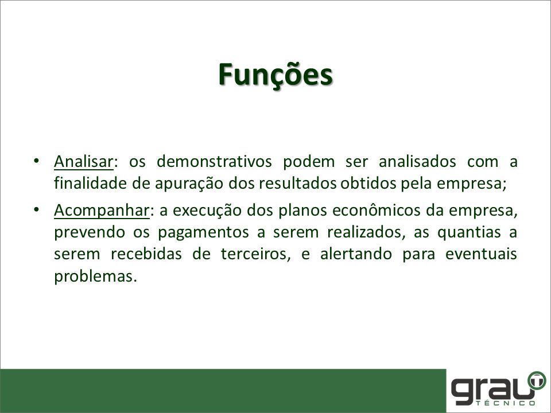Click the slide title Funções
click(x=275, y=75)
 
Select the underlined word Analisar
click(x=84, y=162)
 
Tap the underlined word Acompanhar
click(x=102, y=211)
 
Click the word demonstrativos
click(x=214, y=162)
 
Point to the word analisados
click(x=417, y=162)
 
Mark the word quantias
click(x=469, y=232)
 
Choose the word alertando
click(x=356, y=254)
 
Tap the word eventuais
click(x=481, y=254)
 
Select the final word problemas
click(x=95, y=276)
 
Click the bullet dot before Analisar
click(x=36, y=161)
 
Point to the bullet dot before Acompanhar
click(x=36, y=210)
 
